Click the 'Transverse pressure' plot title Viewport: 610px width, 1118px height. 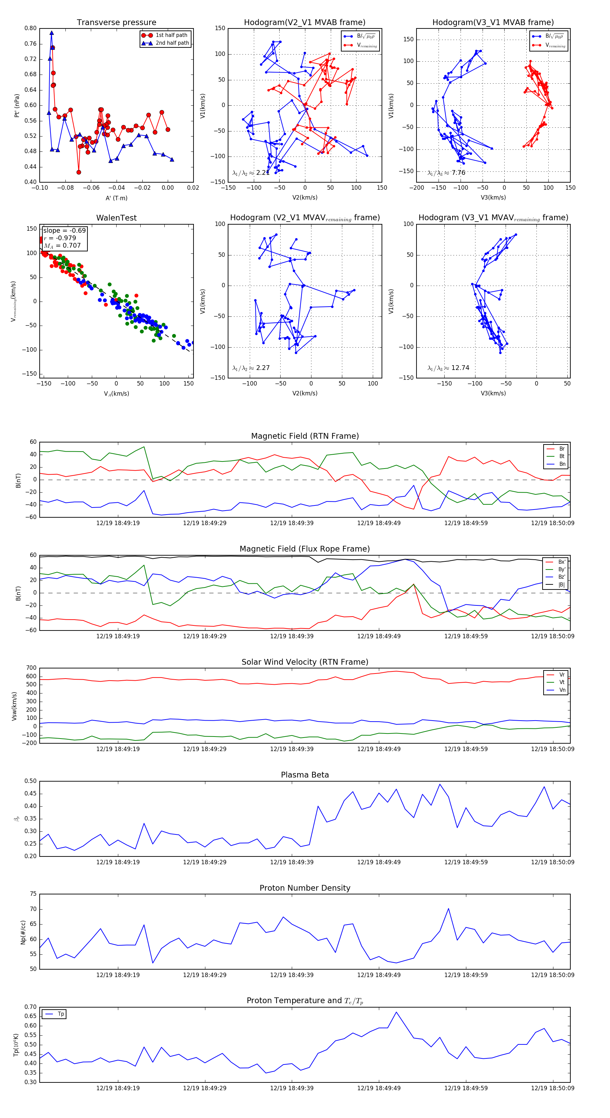tap(116, 23)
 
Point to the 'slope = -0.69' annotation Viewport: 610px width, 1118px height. tap(64, 230)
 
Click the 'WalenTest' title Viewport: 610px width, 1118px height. tap(116, 218)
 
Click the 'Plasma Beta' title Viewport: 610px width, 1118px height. tap(305, 775)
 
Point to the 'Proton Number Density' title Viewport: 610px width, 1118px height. tap(305, 888)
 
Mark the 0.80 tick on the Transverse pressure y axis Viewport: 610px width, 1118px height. tap(30, 28)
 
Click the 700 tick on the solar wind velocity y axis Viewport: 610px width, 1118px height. tap(31, 668)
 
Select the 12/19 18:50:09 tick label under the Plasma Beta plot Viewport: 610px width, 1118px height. tap(552, 862)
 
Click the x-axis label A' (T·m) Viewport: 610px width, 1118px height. tap(116, 198)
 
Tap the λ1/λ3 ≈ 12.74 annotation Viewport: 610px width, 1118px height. tap(448, 368)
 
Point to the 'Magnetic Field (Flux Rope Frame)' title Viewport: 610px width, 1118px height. tap(305, 549)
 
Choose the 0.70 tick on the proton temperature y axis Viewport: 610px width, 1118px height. tap(30, 1007)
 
